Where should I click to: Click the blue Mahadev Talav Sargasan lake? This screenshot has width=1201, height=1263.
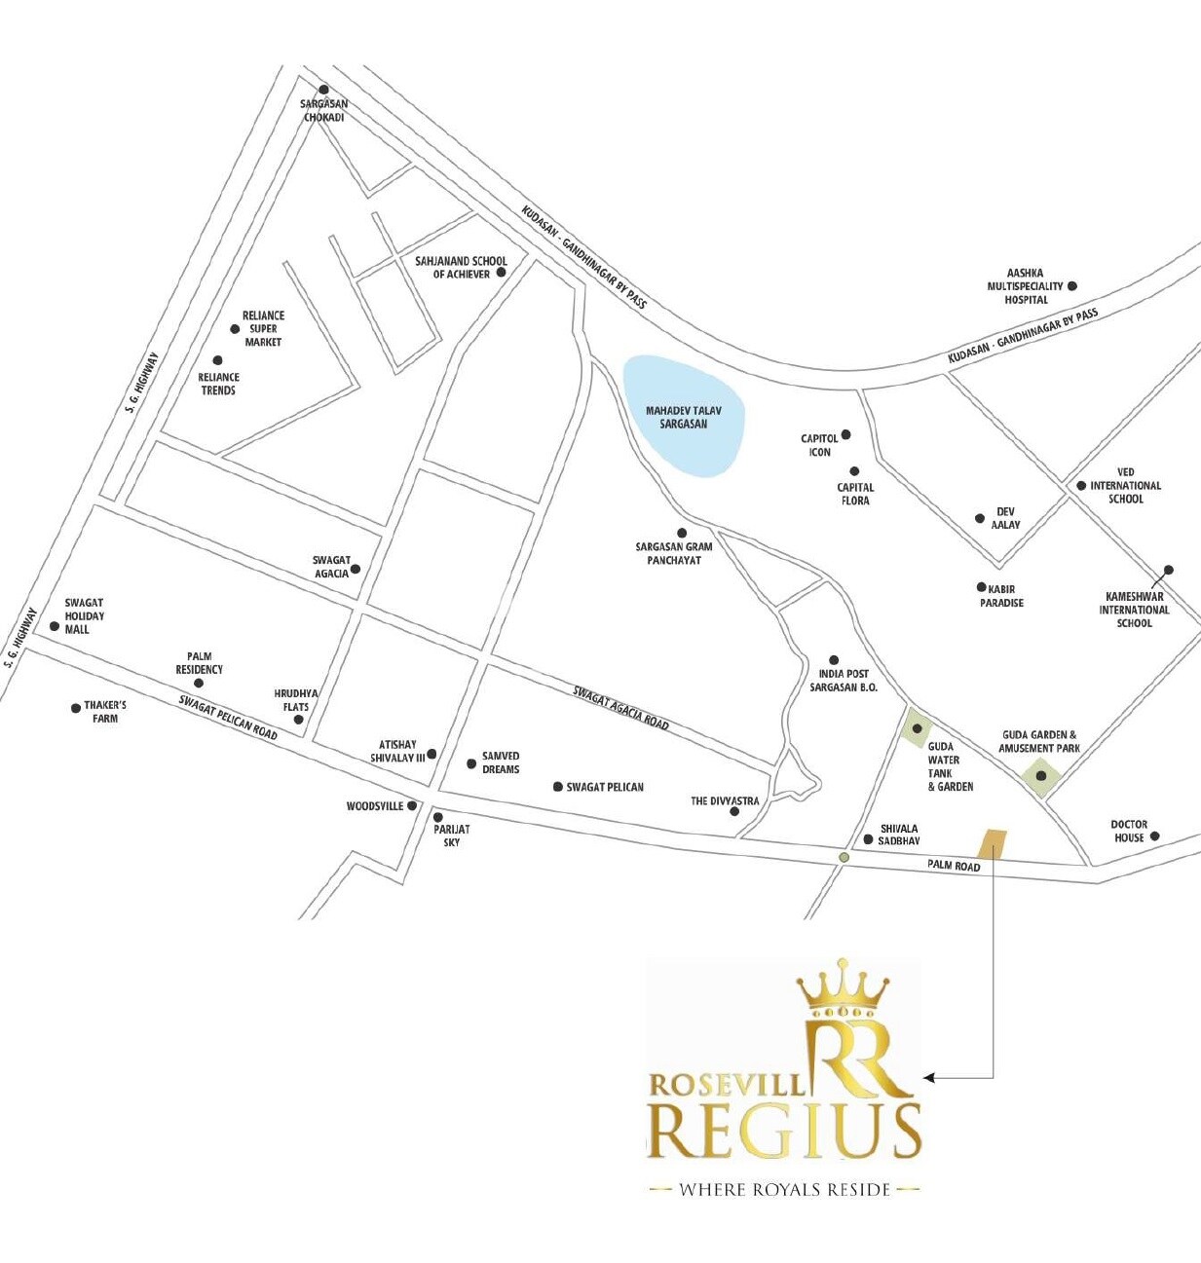[x=684, y=416]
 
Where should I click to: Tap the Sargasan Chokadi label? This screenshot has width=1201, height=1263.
[x=323, y=110]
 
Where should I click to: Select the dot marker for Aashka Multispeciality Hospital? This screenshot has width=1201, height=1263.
[x=1072, y=286]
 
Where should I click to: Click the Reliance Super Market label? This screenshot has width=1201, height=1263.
[x=263, y=328]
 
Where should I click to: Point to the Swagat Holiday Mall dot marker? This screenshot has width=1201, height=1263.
[x=55, y=626]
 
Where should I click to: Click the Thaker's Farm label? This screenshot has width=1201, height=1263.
[x=105, y=711]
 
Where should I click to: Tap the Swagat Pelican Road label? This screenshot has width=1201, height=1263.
[x=228, y=718]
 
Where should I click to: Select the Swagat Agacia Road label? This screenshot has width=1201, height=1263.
[x=620, y=708]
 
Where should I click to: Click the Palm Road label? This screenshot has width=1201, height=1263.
[x=954, y=866]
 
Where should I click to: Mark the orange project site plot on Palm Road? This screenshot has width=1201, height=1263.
[x=992, y=843]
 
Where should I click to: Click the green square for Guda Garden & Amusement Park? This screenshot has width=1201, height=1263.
[x=1041, y=776]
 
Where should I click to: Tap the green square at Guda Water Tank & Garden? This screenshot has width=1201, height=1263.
[x=917, y=728]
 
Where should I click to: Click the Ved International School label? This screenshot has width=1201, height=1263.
[x=1125, y=485]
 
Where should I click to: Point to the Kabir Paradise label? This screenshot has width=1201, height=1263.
[x=1001, y=596]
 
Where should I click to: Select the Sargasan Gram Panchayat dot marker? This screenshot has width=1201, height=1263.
[x=682, y=533]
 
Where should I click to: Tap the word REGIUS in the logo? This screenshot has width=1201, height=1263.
[x=784, y=1131]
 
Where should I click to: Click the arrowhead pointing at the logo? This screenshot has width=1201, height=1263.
[x=929, y=1078]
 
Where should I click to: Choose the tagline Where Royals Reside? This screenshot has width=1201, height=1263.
[x=784, y=1189]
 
